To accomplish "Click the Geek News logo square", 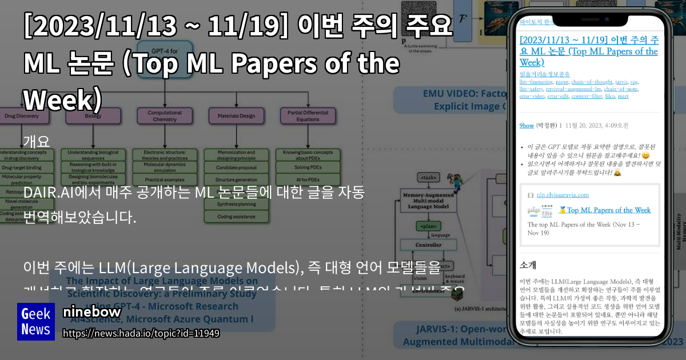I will coord(35,322).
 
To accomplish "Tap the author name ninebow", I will coord(91,312).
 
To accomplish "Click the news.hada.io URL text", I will coord(141,333).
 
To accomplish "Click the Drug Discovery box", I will coord(22,117).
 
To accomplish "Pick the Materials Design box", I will coord(236,116).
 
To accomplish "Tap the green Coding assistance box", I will coord(236,216).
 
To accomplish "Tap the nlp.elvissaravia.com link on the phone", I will coord(560,194).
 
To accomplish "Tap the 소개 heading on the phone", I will coord(528,265).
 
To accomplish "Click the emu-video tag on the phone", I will coord(532,95).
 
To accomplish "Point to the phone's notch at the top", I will coord(591,17).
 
